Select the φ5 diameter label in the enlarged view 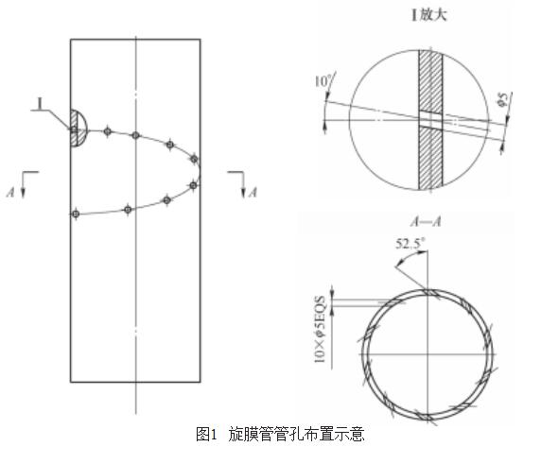504,99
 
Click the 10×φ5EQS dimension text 320,329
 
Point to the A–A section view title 427,221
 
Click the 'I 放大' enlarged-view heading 428,15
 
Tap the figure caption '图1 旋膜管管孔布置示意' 280,434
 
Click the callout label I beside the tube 41,103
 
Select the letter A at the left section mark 10,192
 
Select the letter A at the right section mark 253,192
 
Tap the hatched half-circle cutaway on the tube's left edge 78,129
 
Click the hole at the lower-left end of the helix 76,215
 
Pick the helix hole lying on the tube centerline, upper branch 135,135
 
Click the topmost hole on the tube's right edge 194,159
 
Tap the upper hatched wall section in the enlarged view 430,81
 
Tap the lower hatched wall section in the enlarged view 430,158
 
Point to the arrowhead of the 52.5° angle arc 423,252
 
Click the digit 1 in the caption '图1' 213,434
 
